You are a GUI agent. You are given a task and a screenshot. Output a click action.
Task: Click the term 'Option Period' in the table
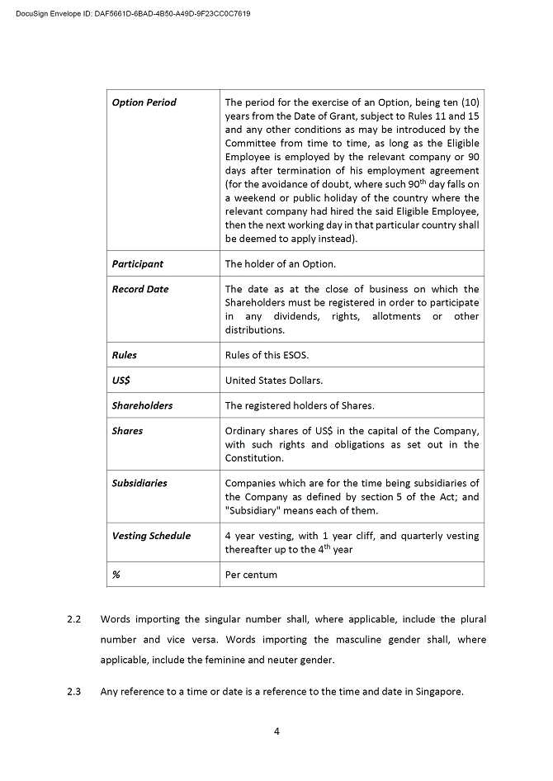pos(144,102)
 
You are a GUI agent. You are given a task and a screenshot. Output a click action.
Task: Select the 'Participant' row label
pos(137,264)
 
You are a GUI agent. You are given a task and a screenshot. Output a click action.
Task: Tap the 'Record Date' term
pos(139,289)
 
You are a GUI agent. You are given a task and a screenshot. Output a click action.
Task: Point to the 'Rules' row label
pos(124,355)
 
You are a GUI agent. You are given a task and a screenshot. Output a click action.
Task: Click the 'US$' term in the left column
pos(121,381)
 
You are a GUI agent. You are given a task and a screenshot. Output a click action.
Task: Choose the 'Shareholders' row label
pos(142,405)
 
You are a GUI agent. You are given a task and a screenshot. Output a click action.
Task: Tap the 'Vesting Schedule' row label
pos(151,536)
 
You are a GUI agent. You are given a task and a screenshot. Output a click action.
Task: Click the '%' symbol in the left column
pos(116,575)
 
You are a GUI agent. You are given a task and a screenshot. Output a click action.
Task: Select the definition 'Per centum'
pos(251,575)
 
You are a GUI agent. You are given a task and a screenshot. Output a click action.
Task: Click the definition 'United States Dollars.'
pos(274,381)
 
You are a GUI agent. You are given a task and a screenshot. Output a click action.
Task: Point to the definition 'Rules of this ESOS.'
pos(267,355)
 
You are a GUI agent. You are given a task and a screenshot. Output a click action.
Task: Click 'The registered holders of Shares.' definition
pos(299,405)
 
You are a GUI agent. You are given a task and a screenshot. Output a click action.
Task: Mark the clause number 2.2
pos(73,619)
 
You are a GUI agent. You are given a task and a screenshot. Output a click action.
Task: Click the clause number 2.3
pos(73,692)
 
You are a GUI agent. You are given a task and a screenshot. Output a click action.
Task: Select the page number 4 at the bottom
pos(276,730)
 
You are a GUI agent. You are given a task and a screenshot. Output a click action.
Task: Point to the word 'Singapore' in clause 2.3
pos(439,692)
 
